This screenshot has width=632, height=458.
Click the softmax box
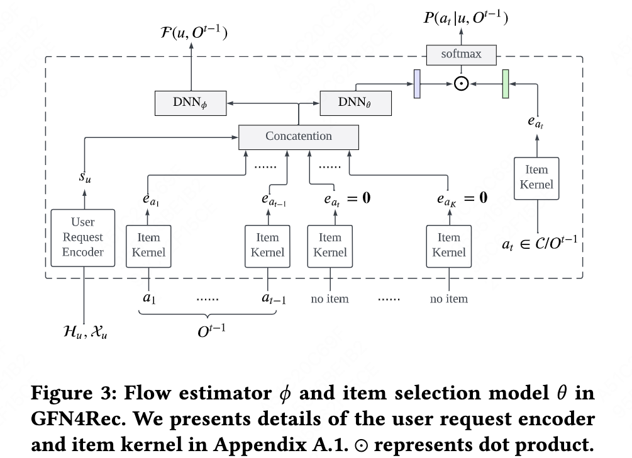(x=461, y=54)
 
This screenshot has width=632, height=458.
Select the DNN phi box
(x=190, y=102)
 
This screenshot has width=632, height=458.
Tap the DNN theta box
(x=355, y=102)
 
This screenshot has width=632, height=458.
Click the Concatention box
(x=298, y=136)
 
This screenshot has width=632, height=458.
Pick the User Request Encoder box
(x=83, y=238)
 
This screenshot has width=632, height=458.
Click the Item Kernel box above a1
(x=148, y=244)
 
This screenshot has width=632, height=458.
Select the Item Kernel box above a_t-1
(x=267, y=244)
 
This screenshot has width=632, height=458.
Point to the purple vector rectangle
(x=416, y=84)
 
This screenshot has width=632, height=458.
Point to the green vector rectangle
(x=505, y=84)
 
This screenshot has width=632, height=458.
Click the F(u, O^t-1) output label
(x=193, y=30)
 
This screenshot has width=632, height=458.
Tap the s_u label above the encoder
(x=84, y=177)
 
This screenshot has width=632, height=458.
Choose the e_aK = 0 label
(x=462, y=198)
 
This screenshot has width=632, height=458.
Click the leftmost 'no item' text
(x=330, y=299)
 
